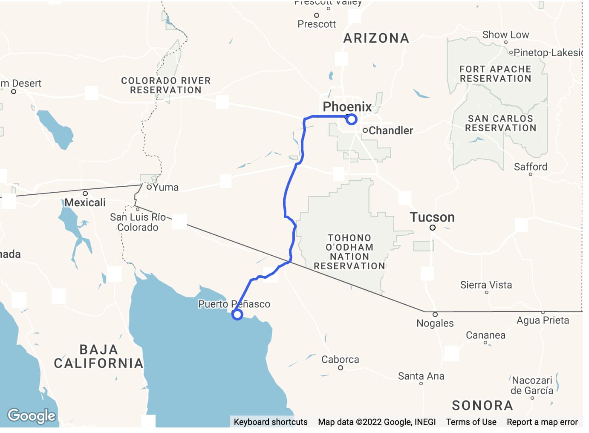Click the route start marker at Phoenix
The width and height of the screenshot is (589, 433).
(351, 119)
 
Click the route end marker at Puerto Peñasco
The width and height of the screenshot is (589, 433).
(237, 315)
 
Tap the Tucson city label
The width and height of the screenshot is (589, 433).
(432, 217)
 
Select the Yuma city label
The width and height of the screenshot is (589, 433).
(165, 187)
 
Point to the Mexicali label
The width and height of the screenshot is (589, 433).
(85, 202)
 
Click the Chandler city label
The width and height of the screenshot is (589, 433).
(390, 130)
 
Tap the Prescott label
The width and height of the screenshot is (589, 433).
(317, 24)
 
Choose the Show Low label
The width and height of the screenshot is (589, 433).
(505, 35)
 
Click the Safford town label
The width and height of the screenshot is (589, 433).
(531, 167)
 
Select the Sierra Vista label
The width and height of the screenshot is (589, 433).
(486, 285)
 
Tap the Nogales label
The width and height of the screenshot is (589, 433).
(435, 323)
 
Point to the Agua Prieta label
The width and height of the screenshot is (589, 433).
(543, 320)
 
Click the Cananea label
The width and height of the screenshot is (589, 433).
(485, 335)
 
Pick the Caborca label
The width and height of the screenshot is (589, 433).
(340, 360)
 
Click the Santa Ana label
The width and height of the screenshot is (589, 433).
(421, 376)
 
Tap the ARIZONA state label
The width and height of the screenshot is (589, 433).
(376, 38)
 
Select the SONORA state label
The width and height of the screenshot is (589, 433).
(482, 405)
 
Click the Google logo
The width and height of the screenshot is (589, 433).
(32, 416)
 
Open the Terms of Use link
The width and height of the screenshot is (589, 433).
(471, 422)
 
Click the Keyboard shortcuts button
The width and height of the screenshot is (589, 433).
(271, 422)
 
